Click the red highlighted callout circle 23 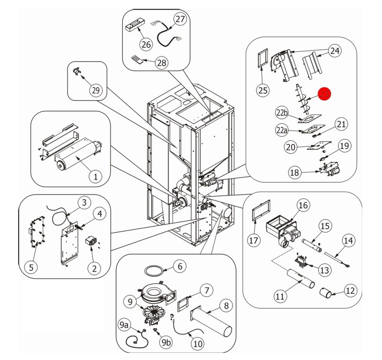tap(324, 94)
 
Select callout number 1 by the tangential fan tap(95, 176)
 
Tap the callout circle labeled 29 tap(96, 89)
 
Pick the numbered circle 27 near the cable tap(180, 19)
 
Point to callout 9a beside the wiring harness tap(124, 325)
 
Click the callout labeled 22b tap(282, 113)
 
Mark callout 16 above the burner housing tap(303, 205)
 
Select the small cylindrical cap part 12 tap(325, 292)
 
